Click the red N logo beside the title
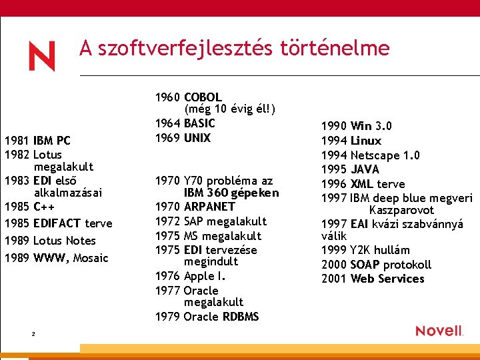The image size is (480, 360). coord(41,56)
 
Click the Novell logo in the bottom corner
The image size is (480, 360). coord(439,331)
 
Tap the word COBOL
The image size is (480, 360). coord(203,97)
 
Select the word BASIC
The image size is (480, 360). coord(199,123)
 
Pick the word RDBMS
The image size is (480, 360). coord(241,317)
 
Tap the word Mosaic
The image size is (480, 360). coord(91,258)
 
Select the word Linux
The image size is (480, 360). coord(366,141)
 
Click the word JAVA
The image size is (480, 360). coord(365,169)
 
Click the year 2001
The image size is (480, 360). coord(334,279)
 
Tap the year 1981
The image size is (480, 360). coord(17,141)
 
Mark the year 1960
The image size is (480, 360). coord(167,97)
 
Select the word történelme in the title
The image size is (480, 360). coord(334,48)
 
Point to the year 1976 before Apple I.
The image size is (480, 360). coord(167,276)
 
